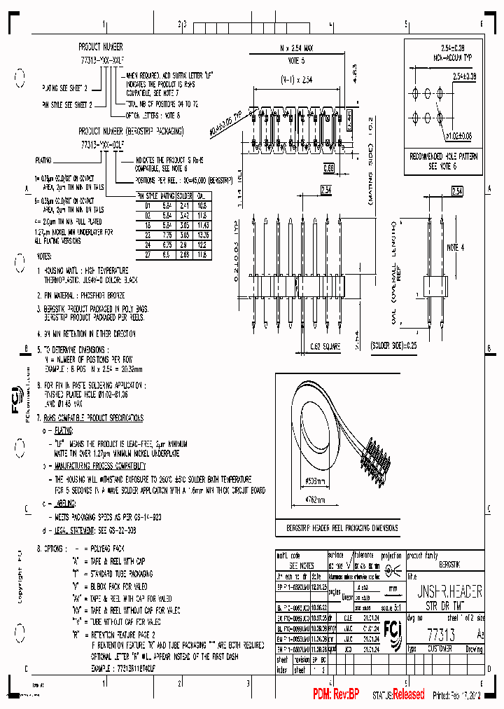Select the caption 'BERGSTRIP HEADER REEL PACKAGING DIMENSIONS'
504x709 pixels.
(x=342, y=528)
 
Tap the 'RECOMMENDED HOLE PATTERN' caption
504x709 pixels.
(x=444, y=158)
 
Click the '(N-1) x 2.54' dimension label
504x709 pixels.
(x=293, y=80)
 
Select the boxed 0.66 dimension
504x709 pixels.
(x=329, y=167)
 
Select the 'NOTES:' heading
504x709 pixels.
(x=52, y=257)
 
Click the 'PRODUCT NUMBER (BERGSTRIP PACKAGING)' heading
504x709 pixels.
(x=131, y=131)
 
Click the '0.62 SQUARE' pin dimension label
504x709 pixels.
(x=326, y=346)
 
